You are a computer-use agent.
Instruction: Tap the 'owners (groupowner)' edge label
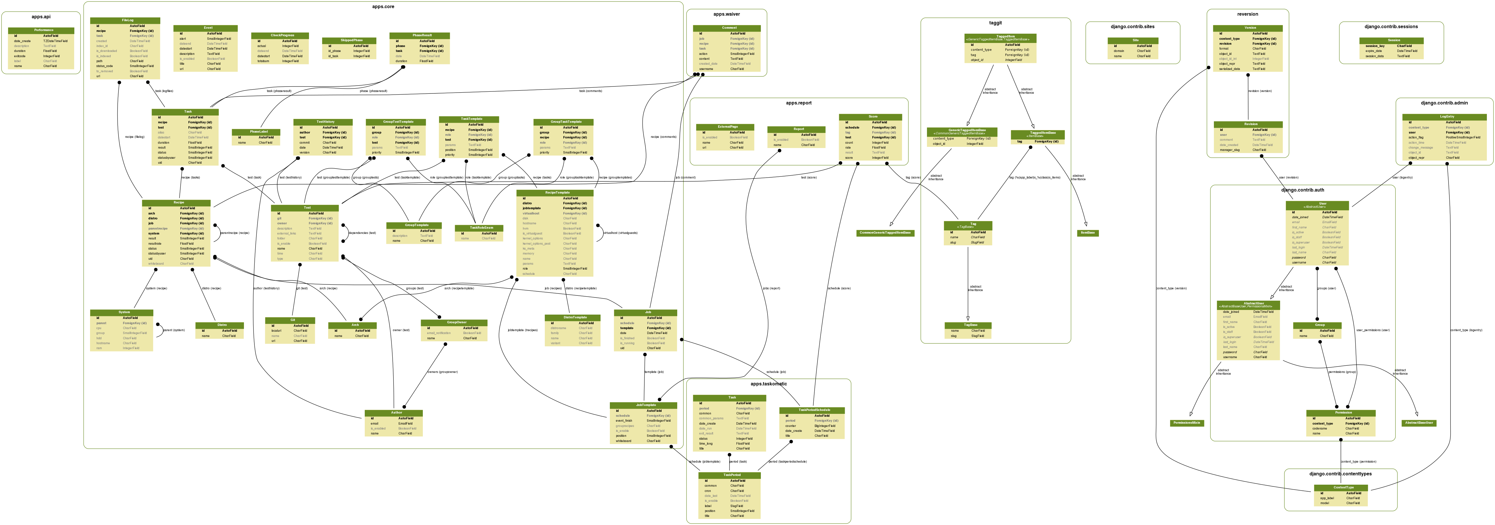tap(442, 372)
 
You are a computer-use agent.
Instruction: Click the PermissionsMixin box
tap(1187, 423)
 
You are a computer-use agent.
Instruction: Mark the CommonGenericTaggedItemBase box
tap(885, 233)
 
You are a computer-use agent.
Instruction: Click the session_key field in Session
tap(1375, 46)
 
